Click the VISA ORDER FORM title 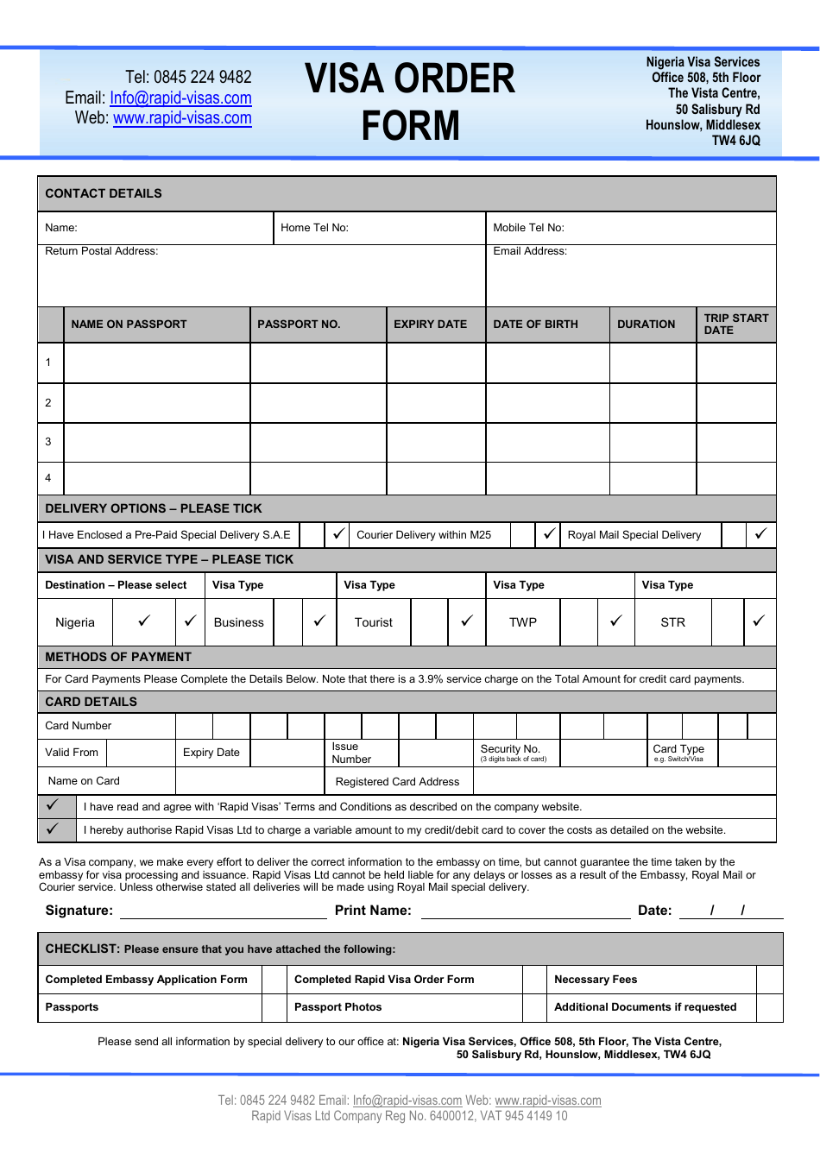[410, 102]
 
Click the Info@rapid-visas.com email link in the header [180, 98]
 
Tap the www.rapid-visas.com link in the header [182, 118]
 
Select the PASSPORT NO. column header [299, 325]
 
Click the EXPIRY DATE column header [430, 325]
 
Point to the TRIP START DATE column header [735, 325]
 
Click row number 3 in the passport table [48, 442]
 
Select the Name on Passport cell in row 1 [157, 362]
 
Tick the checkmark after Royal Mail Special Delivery [760, 534]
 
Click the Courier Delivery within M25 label [424, 535]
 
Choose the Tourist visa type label [373, 622]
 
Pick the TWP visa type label [523, 622]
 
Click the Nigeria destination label [75, 622]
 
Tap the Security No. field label [511, 750]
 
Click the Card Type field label [678, 750]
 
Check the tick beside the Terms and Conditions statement [53, 805]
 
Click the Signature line [223, 911]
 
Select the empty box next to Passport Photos [274, 1007]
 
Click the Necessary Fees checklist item [596, 980]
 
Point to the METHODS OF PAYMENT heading [118, 657]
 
